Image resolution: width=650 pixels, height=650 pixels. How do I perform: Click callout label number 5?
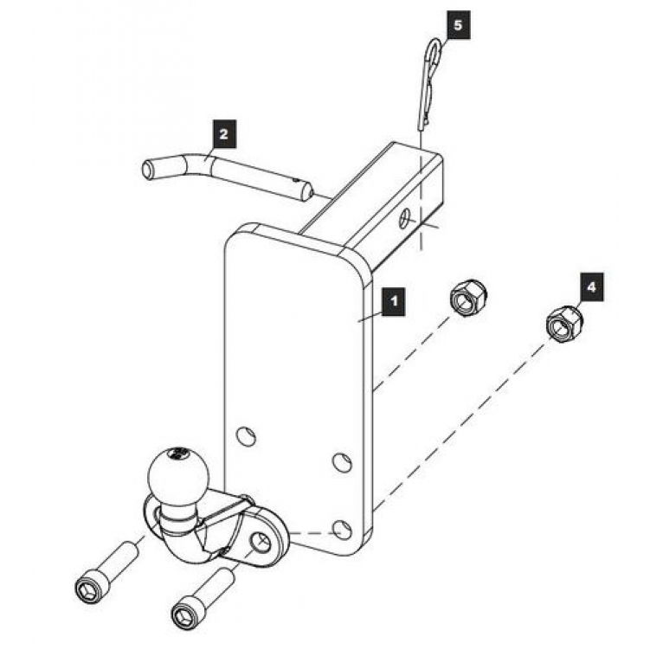point(458,25)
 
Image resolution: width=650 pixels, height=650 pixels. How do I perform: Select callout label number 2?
point(223,134)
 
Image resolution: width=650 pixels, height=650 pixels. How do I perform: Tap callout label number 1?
point(394,301)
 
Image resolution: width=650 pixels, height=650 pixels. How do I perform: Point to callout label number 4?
point(591,286)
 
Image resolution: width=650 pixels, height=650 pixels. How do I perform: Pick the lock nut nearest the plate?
point(468,298)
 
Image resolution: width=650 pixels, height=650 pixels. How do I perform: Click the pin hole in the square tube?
point(404,218)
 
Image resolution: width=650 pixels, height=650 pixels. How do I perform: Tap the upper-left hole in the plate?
point(246,435)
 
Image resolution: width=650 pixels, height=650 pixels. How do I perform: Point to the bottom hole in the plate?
point(343,530)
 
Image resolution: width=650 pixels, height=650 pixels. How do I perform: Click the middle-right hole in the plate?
point(343,462)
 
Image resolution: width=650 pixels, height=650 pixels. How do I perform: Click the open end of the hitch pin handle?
point(147,169)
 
